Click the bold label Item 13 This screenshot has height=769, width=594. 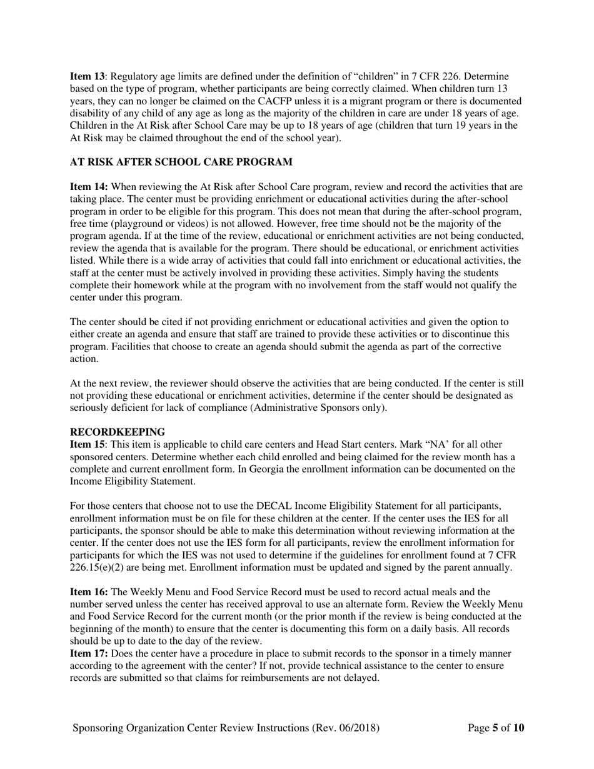(85, 76)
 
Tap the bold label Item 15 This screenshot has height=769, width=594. (85, 445)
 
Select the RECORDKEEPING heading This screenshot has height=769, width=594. (117, 432)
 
